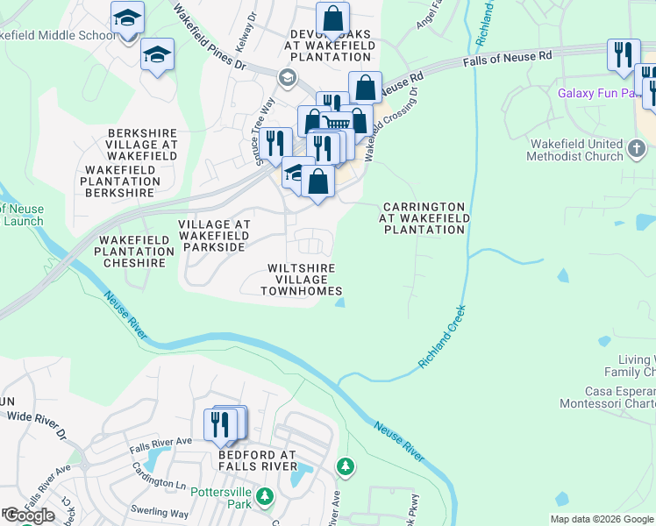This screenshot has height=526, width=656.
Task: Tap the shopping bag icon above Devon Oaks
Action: (x=332, y=18)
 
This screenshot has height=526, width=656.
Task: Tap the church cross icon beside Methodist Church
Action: (x=638, y=149)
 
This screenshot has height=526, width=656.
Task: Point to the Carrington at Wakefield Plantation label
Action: (x=424, y=218)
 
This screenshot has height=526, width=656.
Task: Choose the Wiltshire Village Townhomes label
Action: (x=303, y=279)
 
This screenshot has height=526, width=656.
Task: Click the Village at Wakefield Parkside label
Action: (x=214, y=236)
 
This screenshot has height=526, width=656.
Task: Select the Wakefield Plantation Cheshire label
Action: (x=132, y=251)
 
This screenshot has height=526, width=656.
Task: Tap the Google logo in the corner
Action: (x=30, y=515)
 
